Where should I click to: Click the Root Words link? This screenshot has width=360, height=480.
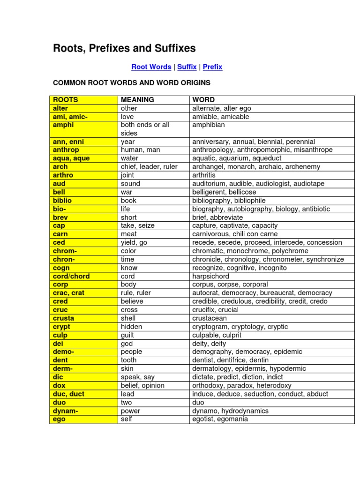[x=151, y=67]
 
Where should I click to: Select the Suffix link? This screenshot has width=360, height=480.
[x=187, y=67]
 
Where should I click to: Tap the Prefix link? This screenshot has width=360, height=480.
[x=212, y=67]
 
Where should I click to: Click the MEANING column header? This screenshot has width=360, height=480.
[x=137, y=100]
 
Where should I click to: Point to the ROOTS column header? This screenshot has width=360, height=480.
[x=66, y=100]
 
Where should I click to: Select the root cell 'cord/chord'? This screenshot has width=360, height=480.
[x=71, y=276]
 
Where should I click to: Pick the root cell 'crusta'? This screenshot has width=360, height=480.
[x=64, y=318]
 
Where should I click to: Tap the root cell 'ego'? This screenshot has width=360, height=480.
[x=60, y=419]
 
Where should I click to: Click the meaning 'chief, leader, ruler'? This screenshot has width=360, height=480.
[x=149, y=167]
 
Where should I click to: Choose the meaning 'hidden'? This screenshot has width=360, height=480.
[x=131, y=327]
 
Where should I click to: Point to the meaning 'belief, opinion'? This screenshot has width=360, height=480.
[x=142, y=385]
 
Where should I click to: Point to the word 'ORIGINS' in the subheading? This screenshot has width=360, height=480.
[x=193, y=83]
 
